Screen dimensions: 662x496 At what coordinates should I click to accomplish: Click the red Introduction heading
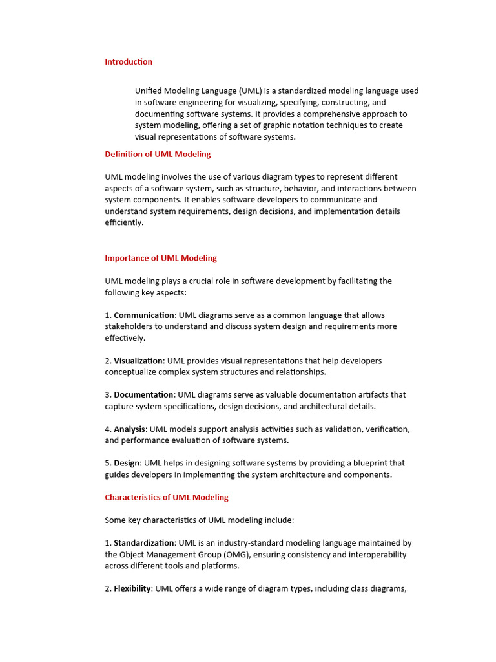tap(129, 62)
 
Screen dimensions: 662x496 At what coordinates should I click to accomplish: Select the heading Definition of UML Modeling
tap(158, 155)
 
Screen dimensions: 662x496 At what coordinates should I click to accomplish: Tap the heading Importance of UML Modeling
tap(161, 258)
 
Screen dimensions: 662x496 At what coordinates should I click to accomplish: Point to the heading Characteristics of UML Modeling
tap(167, 498)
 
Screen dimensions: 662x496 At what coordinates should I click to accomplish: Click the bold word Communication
tap(145, 315)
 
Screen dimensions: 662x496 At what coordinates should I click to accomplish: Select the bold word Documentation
tap(144, 395)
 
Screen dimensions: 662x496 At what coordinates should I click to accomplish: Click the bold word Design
tap(127, 464)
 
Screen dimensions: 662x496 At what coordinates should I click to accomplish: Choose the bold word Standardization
tap(144, 543)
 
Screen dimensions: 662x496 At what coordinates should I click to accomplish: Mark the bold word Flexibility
tap(132, 589)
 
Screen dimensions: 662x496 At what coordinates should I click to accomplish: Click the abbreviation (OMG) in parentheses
tap(228, 555)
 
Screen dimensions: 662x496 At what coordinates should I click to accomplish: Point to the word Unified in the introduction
tap(149, 91)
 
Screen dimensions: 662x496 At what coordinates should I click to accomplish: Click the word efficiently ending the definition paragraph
tap(124, 223)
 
